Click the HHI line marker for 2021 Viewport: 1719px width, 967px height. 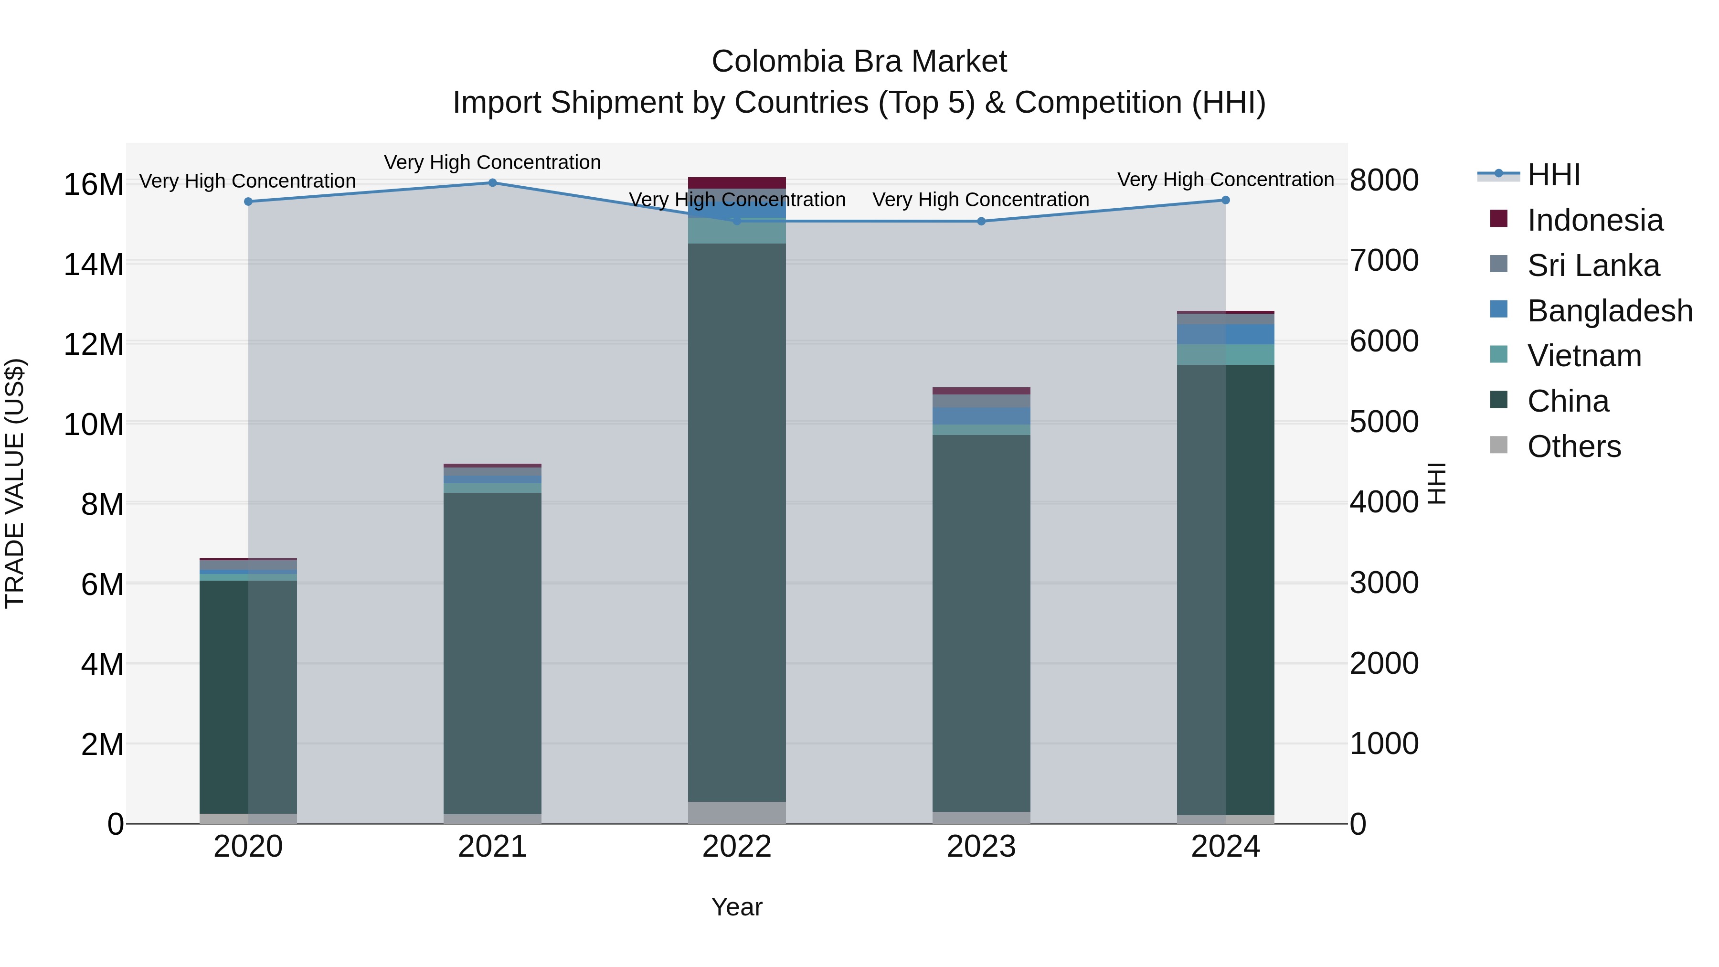[492, 182]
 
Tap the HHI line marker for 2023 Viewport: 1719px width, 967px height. [981, 221]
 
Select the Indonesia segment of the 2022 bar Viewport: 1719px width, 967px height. [737, 182]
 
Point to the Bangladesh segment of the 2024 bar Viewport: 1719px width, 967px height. [1225, 334]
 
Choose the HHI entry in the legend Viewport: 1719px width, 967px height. [1553, 175]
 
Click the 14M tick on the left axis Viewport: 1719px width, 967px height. [94, 264]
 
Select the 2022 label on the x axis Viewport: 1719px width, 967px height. [737, 847]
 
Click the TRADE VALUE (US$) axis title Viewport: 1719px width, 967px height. [15, 483]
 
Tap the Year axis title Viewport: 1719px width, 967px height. [737, 907]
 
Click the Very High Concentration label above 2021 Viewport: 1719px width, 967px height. [492, 162]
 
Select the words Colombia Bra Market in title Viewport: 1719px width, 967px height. [859, 62]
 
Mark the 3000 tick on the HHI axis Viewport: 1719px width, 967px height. [1384, 583]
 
